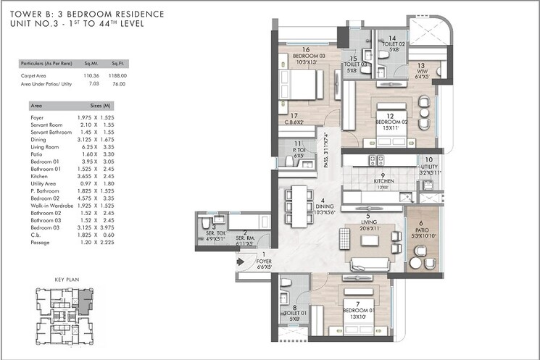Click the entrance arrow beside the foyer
click(240, 264)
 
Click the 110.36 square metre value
click(91, 75)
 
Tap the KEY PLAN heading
click(66, 279)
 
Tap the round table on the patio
click(419, 251)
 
